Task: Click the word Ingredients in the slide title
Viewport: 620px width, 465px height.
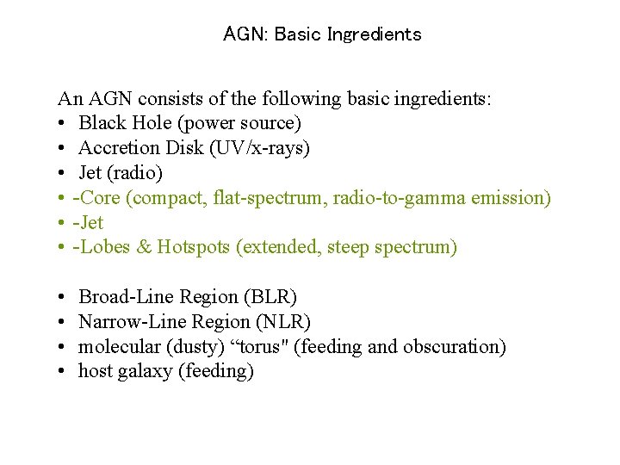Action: (375, 35)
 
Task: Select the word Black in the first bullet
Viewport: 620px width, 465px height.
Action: (102, 123)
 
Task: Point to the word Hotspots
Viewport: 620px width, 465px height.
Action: (196, 248)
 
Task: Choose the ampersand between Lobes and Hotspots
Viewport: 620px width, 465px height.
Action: (143, 248)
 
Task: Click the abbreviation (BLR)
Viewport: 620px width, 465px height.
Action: (270, 297)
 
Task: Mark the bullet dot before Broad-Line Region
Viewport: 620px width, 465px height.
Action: (64, 298)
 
